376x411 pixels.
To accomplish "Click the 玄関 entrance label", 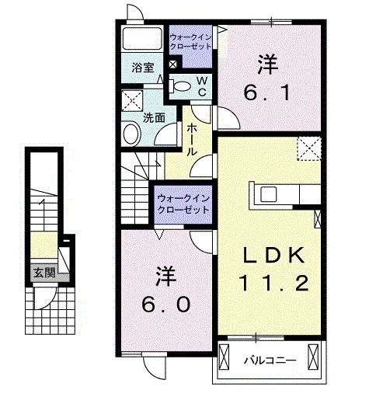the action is click(44, 273).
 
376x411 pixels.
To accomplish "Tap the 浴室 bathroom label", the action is click(143, 68).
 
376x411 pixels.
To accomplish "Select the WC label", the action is click(202, 86).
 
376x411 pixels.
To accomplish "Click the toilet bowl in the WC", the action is click(180, 86).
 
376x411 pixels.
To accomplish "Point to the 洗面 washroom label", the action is click(154, 118).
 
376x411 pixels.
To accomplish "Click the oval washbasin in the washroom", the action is click(132, 134).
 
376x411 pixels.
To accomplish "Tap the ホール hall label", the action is click(192, 140).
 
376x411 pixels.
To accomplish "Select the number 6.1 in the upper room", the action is click(267, 93).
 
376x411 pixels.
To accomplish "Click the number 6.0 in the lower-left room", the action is click(165, 305).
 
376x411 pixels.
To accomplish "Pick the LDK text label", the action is click(274, 255).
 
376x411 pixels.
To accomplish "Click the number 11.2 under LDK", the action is click(273, 284).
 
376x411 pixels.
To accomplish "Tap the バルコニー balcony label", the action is click(270, 360).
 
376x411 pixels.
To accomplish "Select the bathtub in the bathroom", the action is click(142, 38).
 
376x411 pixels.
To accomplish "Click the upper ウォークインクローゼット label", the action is click(190, 42).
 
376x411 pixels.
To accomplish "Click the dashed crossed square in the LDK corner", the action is click(309, 148).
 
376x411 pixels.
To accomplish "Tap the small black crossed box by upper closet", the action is click(173, 64).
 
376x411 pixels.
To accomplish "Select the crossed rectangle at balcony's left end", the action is click(224, 357).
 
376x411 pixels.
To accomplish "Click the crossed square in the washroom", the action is click(132, 101).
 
